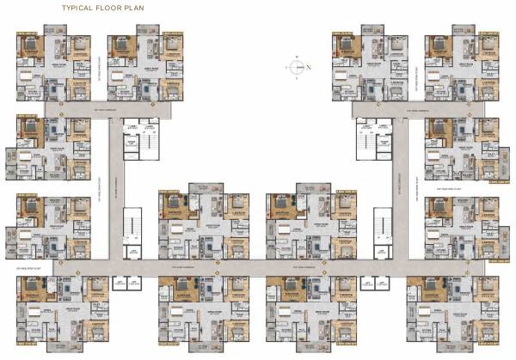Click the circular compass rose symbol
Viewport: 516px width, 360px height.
295,66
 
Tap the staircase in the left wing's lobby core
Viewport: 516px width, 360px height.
130,137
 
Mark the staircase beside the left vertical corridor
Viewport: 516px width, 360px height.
132,226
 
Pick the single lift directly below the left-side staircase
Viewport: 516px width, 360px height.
133,252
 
